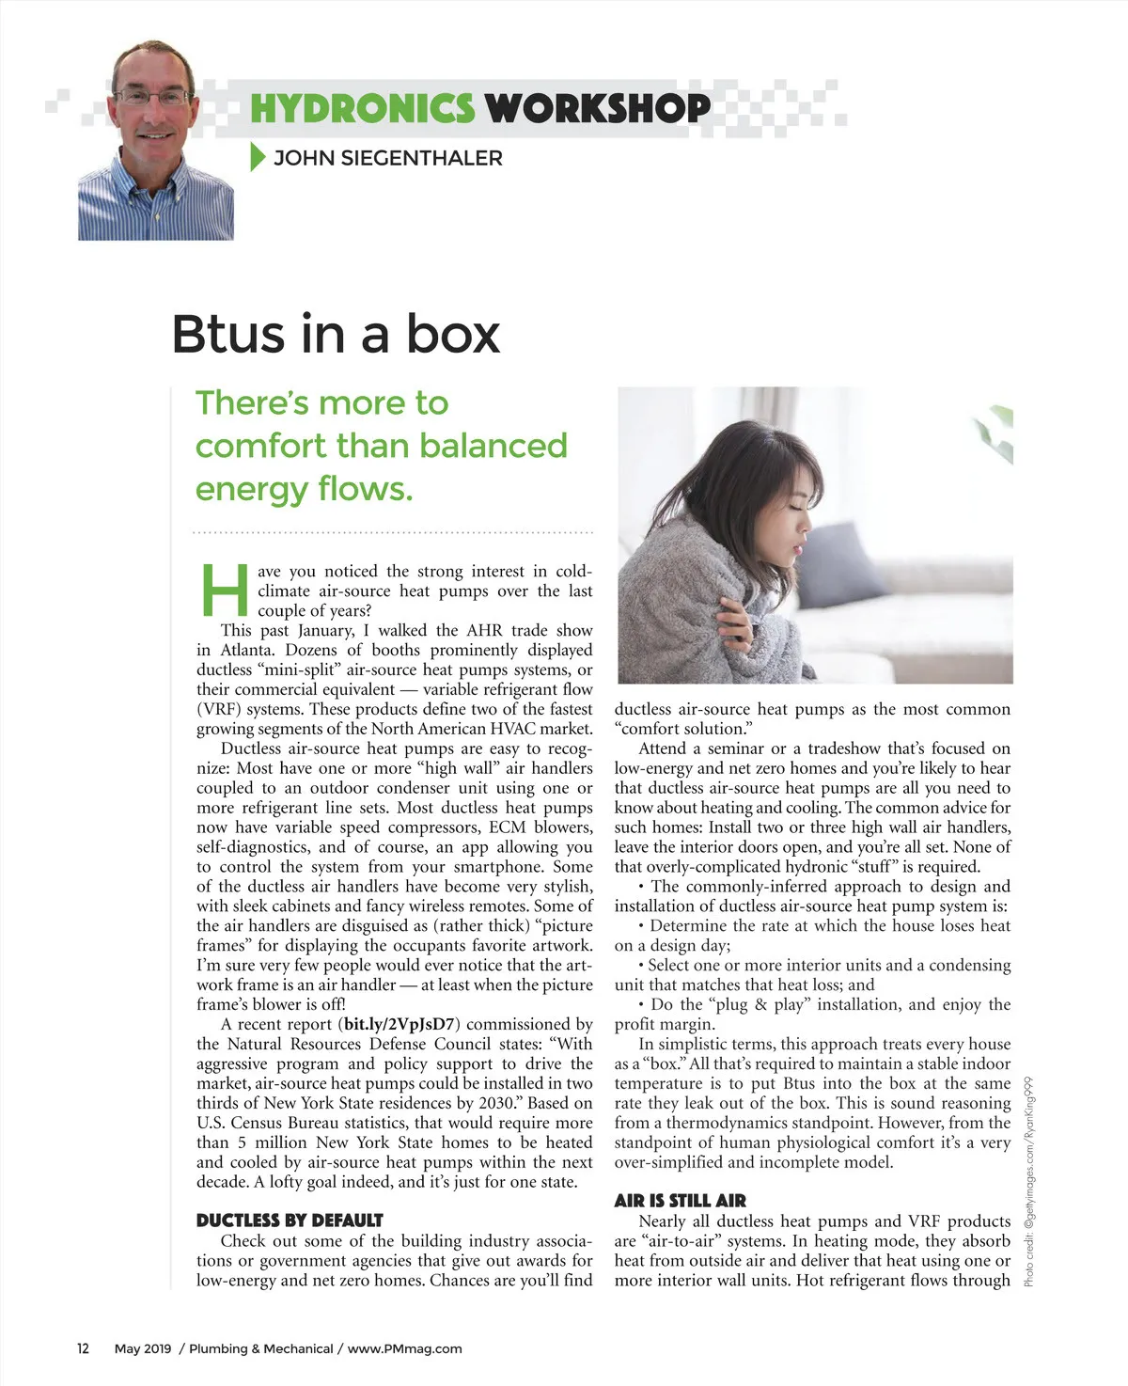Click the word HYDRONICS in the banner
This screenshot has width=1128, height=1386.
click(362, 109)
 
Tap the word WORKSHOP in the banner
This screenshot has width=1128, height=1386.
click(598, 109)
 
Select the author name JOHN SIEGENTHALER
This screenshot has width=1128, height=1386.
click(387, 158)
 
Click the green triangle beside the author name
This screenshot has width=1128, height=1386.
click(258, 158)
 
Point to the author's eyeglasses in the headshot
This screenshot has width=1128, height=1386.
click(152, 96)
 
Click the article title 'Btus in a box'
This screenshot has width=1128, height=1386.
click(336, 335)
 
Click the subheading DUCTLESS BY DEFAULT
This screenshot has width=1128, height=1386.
click(290, 1221)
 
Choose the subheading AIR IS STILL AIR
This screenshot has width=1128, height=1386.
click(680, 1201)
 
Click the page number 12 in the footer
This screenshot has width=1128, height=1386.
click(83, 1348)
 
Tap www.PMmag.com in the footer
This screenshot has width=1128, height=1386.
click(404, 1348)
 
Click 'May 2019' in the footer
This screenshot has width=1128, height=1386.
click(143, 1348)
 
